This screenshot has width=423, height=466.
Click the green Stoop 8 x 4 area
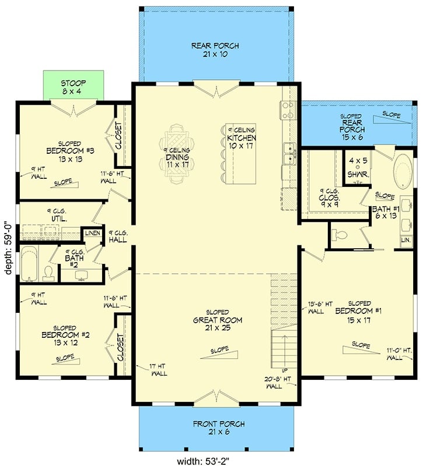click(x=74, y=87)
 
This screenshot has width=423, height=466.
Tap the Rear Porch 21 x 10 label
click(x=215, y=50)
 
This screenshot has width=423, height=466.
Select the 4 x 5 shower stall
click(x=356, y=168)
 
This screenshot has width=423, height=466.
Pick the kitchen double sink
click(x=289, y=153)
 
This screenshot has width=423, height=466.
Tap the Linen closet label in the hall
click(x=93, y=234)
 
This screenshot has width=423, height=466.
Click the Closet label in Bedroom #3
click(x=120, y=136)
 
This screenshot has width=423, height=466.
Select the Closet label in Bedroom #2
click(x=121, y=347)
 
